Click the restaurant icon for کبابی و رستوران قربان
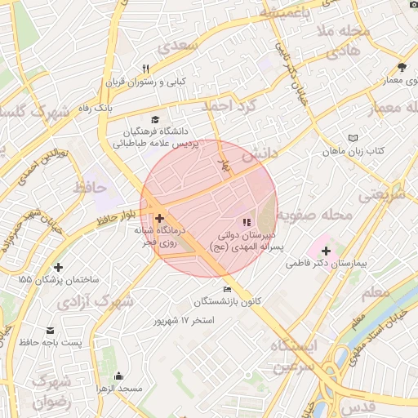point(146,69)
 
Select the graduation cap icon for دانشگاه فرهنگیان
point(155,119)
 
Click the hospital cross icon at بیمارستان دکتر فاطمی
point(326,251)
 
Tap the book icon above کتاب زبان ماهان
point(353,138)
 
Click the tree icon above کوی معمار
point(402,67)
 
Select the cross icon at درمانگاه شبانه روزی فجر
point(159,219)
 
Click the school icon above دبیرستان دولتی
point(247,222)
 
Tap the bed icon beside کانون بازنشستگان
point(227,289)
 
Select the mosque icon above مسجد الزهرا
point(119,376)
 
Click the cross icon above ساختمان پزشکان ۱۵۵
point(58,267)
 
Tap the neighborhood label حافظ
point(90,188)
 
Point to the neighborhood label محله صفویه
point(314,216)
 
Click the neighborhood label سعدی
point(180,47)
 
